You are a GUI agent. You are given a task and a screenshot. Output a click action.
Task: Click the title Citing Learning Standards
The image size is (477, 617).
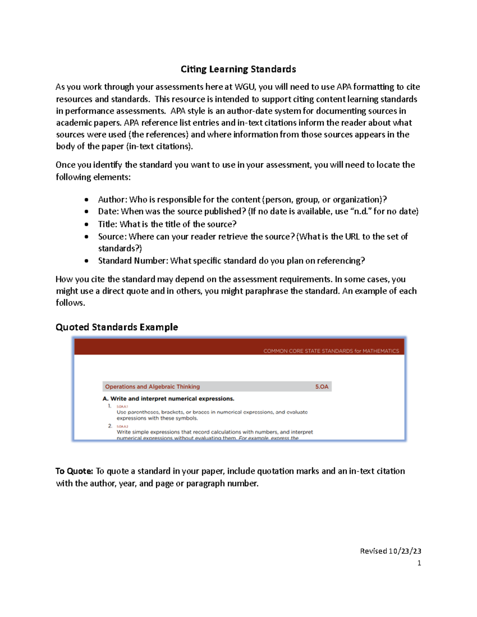[x=238, y=69]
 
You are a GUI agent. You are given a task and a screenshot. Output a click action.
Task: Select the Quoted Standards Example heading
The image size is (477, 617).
[x=116, y=327]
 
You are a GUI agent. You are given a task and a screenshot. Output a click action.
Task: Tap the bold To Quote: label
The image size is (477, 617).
[x=74, y=471]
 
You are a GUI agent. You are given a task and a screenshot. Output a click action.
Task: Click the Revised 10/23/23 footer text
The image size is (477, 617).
[x=390, y=551]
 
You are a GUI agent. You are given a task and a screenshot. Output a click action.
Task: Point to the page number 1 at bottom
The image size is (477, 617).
[x=419, y=563]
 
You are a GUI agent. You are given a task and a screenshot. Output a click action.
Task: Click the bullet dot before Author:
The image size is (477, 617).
[x=87, y=200]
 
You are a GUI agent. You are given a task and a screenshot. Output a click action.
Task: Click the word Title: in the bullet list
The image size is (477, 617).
[x=108, y=224]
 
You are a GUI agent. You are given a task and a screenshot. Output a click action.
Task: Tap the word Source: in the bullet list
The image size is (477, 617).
[x=112, y=237]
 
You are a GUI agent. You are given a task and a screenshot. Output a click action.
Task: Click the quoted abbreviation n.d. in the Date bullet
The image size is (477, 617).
[x=360, y=211]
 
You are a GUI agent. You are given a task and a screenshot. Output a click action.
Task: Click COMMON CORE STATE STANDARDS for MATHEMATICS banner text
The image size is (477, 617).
[x=331, y=351]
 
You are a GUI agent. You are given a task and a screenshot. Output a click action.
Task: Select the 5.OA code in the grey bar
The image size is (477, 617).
[x=322, y=387]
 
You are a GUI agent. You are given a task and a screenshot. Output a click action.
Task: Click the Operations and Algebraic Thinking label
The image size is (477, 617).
[x=152, y=387]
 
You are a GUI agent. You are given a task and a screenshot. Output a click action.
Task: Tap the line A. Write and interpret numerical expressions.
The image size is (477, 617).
[x=169, y=398]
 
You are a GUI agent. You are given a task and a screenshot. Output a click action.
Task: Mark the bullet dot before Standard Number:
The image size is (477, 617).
[x=87, y=261]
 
